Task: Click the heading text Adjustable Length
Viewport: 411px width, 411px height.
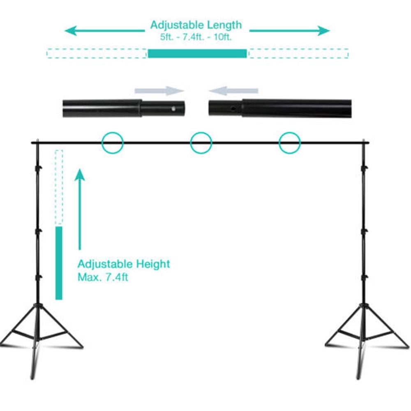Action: coord(196,25)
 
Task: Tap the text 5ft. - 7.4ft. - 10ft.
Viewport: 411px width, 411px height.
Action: coord(196,37)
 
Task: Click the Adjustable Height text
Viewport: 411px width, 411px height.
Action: coord(124,264)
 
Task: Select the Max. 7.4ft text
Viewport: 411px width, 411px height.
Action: coord(103,277)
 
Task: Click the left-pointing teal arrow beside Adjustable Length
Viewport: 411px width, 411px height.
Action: coord(104,31)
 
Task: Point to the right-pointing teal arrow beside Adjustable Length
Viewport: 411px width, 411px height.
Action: coord(289,31)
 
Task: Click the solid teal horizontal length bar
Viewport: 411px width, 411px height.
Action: coord(197,53)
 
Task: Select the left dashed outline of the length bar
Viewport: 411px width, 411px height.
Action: coord(96,53)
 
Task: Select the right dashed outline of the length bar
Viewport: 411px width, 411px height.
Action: coord(298,53)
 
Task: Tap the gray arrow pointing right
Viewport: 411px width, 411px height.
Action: coord(159,91)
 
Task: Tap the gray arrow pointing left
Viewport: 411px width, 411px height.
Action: coord(233,91)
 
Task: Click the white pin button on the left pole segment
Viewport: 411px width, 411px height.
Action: coord(173,109)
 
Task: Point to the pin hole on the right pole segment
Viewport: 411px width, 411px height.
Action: coord(233,109)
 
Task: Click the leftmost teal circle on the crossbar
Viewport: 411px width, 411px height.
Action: coord(113,132)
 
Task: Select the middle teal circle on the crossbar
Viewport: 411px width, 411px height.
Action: coord(201,132)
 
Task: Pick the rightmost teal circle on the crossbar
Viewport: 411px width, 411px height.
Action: coord(290,132)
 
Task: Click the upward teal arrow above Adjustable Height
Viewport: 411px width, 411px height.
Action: coord(80,209)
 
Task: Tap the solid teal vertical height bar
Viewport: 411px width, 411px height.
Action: coord(59,263)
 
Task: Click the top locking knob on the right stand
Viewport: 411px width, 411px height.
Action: coord(364,167)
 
